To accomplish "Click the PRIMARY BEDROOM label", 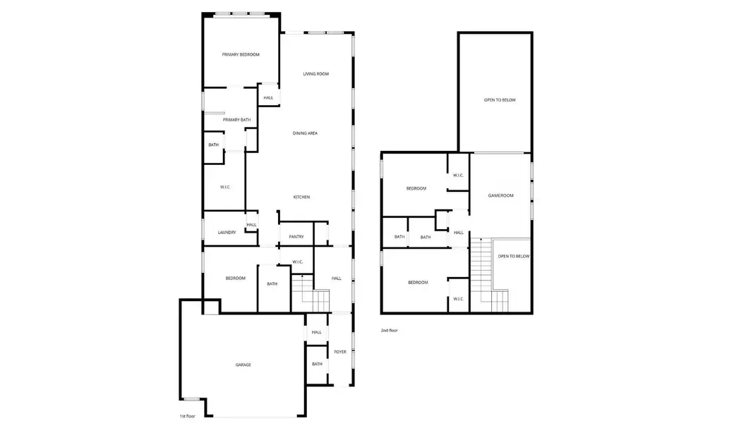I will [x=241, y=55].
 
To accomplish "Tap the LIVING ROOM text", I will [x=315, y=74].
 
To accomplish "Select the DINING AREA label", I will [x=305, y=133].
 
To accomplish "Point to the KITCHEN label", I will [x=301, y=197].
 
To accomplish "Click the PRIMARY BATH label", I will [x=236, y=120].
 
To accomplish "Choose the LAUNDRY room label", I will [x=227, y=233].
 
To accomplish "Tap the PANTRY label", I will [x=296, y=237].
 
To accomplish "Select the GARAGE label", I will [x=243, y=365].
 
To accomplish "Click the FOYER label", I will [x=340, y=352].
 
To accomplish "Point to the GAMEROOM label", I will [x=500, y=196].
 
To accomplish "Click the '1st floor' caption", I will [x=188, y=417].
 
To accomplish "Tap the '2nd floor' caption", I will [x=389, y=330].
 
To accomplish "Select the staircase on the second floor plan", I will [x=481, y=271].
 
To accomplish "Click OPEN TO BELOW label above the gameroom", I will [x=500, y=100].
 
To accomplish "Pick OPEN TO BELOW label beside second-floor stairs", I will [x=513, y=257].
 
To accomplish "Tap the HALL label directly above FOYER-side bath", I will [x=316, y=333].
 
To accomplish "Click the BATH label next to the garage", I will [x=317, y=364].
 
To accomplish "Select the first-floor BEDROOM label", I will [x=235, y=278].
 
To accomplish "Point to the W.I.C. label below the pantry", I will [x=297, y=262].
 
